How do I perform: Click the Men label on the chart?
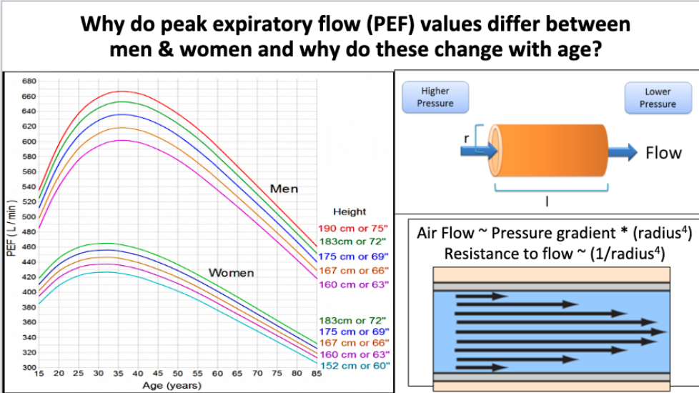(x=284, y=189)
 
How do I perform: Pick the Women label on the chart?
(x=231, y=273)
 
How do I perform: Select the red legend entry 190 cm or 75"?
(x=353, y=229)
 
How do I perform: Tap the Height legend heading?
(x=349, y=212)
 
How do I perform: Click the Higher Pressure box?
(x=435, y=97)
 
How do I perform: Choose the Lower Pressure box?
(x=658, y=97)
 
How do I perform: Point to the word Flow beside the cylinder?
(x=663, y=152)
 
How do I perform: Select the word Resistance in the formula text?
(x=476, y=254)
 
